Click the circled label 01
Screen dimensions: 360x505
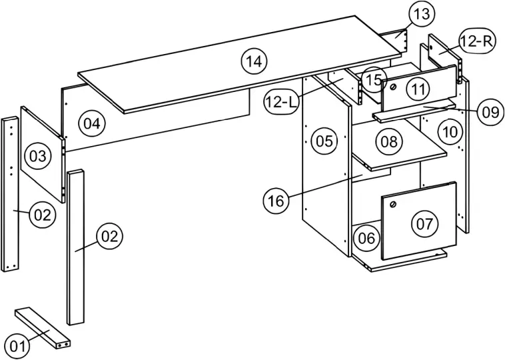(18, 345)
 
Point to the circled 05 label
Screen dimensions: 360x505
(324, 141)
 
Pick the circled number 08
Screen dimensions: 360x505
(390, 141)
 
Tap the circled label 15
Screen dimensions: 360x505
(374, 80)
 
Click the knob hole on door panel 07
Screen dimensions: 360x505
(394, 205)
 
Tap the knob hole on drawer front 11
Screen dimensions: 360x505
(393, 87)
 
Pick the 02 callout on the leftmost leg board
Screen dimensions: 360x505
(41, 215)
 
